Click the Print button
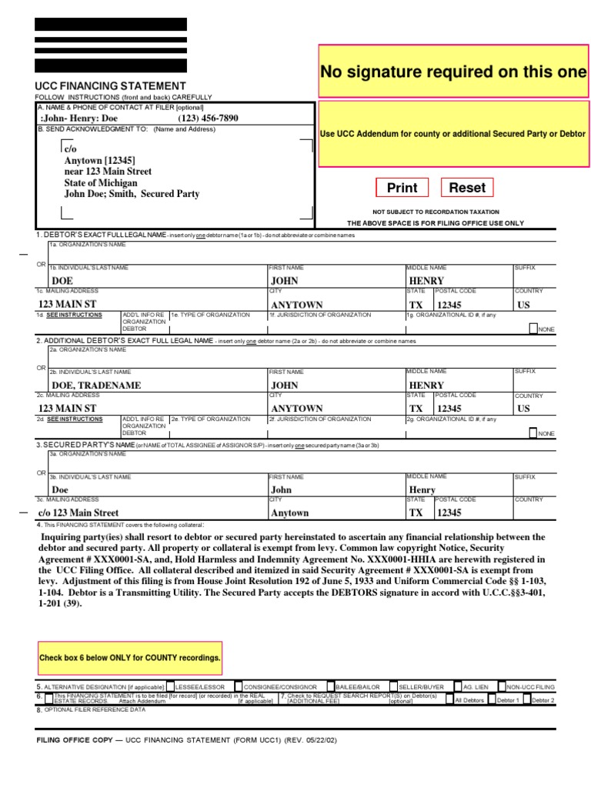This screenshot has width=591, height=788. tap(402, 188)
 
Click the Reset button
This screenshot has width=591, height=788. tap(467, 188)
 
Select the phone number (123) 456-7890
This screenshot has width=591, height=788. tap(209, 119)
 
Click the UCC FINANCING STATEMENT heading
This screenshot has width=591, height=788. tap(111, 85)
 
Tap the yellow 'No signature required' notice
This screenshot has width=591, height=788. tap(453, 72)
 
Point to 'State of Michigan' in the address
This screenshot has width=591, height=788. tap(101, 183)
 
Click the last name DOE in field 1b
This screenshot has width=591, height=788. tap(61, 282)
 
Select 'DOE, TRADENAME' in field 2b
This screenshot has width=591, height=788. tap(95, 386)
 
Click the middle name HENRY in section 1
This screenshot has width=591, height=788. tap(426, 282)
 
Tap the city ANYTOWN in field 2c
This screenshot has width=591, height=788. tap(296, 409)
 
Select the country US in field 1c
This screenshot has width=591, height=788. tap(523, 305)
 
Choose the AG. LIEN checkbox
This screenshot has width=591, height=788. tap(458, 686)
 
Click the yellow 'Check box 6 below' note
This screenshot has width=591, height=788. tap(129, 658)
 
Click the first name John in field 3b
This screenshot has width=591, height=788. tap(282, 489)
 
